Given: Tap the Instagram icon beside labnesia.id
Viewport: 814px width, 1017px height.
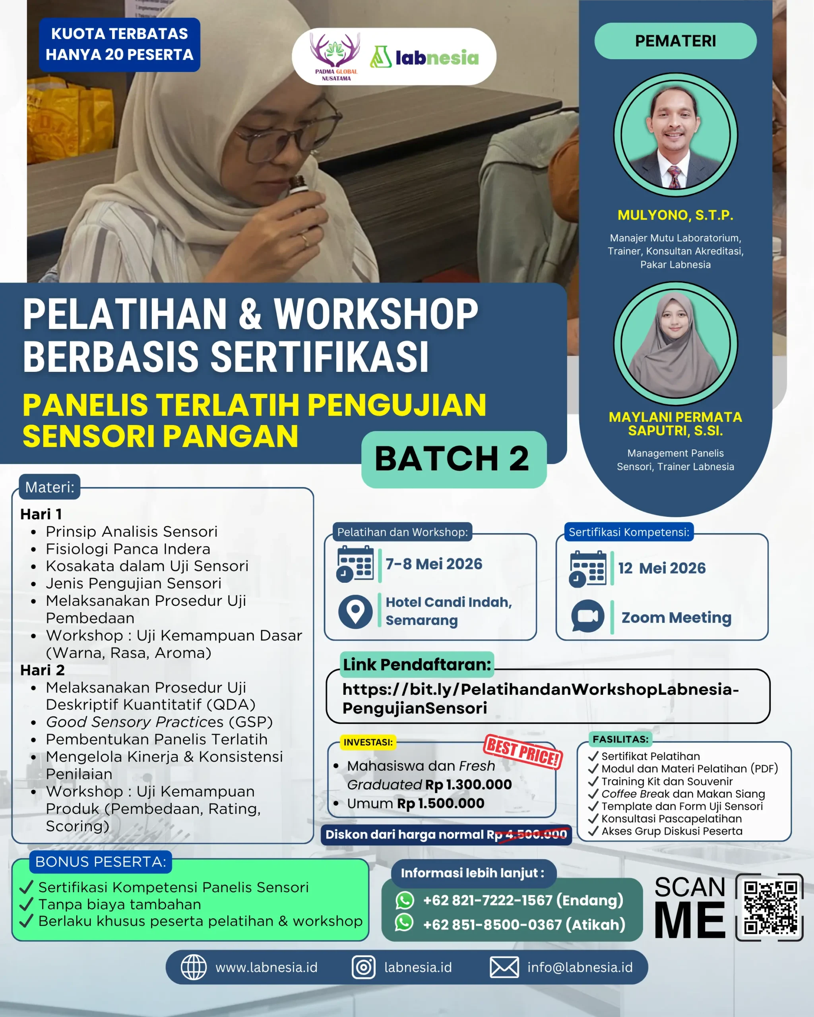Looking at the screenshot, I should (x=363, y=967).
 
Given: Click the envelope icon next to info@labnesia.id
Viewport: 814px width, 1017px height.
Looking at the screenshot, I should (x=504, y=967).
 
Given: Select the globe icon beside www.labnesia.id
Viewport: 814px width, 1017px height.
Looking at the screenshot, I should (x=194, y=967).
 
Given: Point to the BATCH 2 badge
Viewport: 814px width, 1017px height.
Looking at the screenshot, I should (x=454, y=459).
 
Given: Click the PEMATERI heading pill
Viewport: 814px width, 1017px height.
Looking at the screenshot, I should (x=675, y=41).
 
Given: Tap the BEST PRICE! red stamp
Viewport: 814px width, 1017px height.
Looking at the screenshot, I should (x=522, y=752).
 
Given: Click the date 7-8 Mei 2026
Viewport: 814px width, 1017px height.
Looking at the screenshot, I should (x=434, y=564).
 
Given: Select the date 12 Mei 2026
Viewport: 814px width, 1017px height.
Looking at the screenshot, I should (x=662, y=568).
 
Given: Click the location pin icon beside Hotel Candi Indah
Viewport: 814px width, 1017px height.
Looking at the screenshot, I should (x=355, y=612).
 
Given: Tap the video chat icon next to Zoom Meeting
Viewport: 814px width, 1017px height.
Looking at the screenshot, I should (x=587, y=616).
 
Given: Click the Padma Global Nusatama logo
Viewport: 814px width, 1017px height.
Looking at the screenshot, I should (x=335, y=56).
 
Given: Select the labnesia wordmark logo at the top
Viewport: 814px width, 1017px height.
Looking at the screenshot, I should (x=425, y=58).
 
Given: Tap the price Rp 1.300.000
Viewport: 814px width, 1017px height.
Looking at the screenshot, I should (x=468, y=785).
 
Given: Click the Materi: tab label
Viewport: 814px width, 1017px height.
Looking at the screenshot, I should (x=50, y=487).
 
